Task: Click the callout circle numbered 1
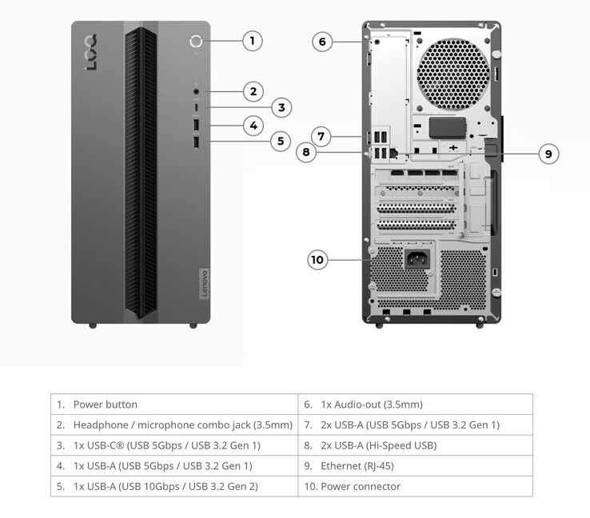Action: [x=252, y=41]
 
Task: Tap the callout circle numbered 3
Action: [x=281, y=108]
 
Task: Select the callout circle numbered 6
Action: [x=322, y=42]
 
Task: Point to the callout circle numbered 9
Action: [x=548, y=153]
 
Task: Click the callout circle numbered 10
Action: [x=317, y=260]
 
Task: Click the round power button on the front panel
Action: [x=196, y=41]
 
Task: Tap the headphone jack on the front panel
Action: [x=196, y=91]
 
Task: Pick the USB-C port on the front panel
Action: [x=196, y=107]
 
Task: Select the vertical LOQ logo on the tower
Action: [x=91, y=52]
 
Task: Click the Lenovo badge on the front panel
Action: [x=204, y=284]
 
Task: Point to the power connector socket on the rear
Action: [x=417, y=258]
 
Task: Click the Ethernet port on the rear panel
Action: [x=394, y=153]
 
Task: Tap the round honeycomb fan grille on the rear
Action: [x=453, y=74]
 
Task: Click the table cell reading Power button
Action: [x=174, y=404]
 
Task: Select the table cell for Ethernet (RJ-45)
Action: [x=416, y=466]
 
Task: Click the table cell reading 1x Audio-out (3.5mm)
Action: [x=416, y=404]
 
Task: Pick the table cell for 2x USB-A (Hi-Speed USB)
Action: [x=416, y=445]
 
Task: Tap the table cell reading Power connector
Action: [x=416, y=486]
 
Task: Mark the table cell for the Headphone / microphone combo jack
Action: [x=174, y=424]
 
